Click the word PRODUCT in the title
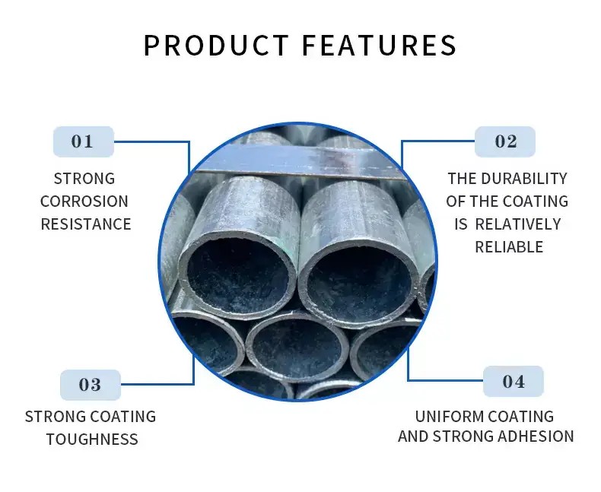click(x=216, y=45)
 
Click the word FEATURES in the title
click(x=380, y=45)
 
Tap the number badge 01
click(x=84, y=141)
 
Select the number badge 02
click(x=505, y=141)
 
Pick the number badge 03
click(x=91, y=385)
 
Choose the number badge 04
click(x=514, y=382)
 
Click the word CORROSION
click(x=84, y=202)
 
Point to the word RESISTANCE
click(x=86, y=224)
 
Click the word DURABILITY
click(x=524, y=179)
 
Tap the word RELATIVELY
click(x=518, y=224)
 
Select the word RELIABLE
click(x=509, y=247)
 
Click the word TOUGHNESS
click(x=92, y=440)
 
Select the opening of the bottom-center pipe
click(x=297, y=348)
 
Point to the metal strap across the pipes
click(x=299, y=162)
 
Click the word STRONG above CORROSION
click(x=84, y=179)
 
